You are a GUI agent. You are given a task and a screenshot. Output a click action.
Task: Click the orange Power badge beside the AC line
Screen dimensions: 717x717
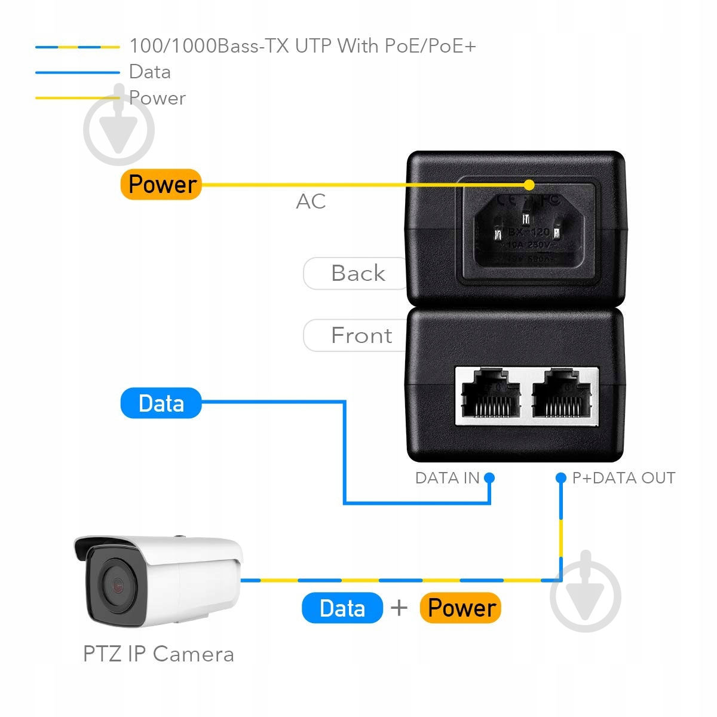coord(161,184)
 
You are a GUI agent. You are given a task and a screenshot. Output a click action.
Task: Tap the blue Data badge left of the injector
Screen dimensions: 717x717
coord(161,403)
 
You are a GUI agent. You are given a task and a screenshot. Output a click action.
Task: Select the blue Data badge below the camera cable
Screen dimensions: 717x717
coord(342,608)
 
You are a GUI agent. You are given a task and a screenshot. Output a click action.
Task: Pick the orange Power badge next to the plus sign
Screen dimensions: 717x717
coord(461,608)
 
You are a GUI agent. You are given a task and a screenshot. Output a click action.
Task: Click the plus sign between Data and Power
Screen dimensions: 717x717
coord(399,608)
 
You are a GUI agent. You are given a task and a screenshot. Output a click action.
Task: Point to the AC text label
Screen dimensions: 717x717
coord(311,201)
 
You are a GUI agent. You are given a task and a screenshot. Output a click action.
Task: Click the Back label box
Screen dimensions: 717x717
coord(357,274)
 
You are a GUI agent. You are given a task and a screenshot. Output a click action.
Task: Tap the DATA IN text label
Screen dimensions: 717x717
coord(447,478)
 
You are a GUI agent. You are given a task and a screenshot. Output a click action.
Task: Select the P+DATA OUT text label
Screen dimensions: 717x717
coord(623,478)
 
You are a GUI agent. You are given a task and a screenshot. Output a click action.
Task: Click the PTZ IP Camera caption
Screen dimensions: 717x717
coord(158,654)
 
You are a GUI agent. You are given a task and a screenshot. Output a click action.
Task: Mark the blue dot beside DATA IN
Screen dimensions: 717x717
coord(489,478)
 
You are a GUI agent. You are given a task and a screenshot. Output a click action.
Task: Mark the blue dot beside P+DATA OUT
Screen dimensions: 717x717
coord(560,478)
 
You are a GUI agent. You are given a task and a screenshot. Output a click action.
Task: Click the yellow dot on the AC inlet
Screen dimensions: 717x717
coord(529,185)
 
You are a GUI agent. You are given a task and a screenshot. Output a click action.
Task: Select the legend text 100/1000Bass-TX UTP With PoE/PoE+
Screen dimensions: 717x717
coord(302,46)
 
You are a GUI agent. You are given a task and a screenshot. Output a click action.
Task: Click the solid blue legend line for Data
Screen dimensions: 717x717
coord(77,72)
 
